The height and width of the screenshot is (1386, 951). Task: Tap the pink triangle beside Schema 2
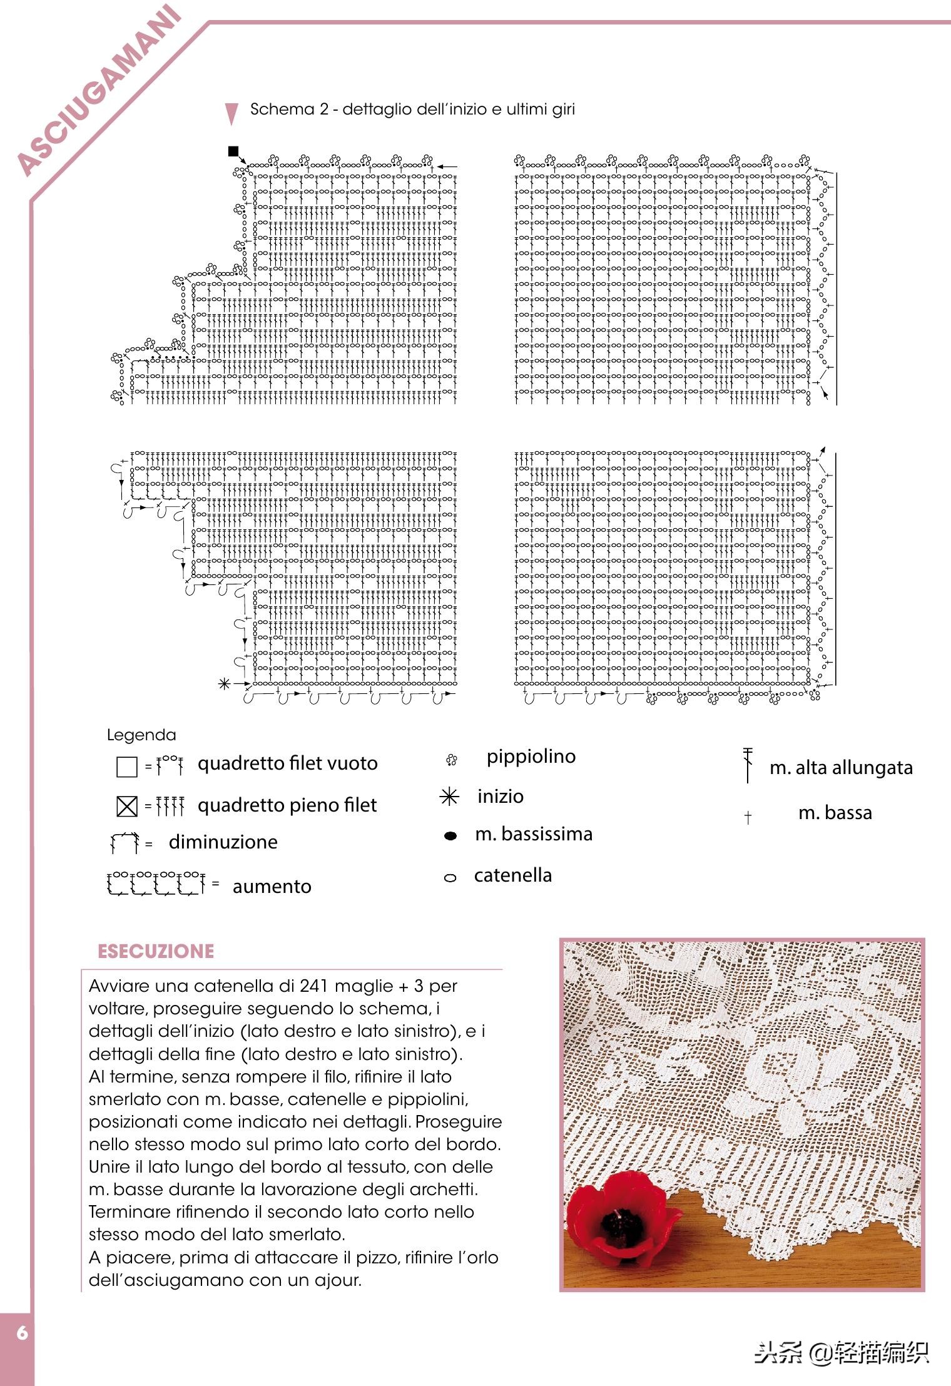pos(231,113)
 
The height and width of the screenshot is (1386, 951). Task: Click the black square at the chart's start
pos(233,151)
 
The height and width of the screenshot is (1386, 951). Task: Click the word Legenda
pos(141,735)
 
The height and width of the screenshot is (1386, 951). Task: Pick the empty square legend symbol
pos(127,767)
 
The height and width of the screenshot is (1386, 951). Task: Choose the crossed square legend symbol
pos(127,807)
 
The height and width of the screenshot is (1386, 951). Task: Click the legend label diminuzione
pos(223,842)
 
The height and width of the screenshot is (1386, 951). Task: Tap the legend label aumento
pos(272,887)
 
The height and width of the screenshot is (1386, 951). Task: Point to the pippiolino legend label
pos(531,757)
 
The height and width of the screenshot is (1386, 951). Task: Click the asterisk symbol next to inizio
pos(449,797)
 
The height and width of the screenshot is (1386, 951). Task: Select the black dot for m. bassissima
pos(450,836)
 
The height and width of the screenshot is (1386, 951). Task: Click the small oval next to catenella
pos(450,879)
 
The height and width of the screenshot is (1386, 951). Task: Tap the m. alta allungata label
pos(841,768)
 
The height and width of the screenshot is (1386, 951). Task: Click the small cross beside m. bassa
pos(748,817)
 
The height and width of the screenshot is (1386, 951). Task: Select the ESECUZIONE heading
pos(156,952)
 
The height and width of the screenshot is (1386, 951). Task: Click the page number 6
pos(23,1333)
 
